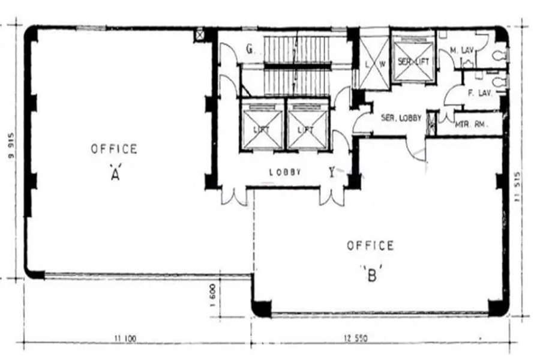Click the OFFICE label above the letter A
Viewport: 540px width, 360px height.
(x=114, y=149)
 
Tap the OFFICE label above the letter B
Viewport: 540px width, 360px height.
(x=370, y=245)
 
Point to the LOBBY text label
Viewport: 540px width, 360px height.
(x=284, y=172)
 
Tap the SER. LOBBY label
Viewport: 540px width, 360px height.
(x=401, y=118)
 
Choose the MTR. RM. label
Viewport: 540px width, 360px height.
(x=470, y=125)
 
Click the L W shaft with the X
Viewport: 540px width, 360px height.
(x=374, y=62)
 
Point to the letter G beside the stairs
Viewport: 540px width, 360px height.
(x=249, y=49)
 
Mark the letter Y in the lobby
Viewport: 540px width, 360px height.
(x=332, y=173)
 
